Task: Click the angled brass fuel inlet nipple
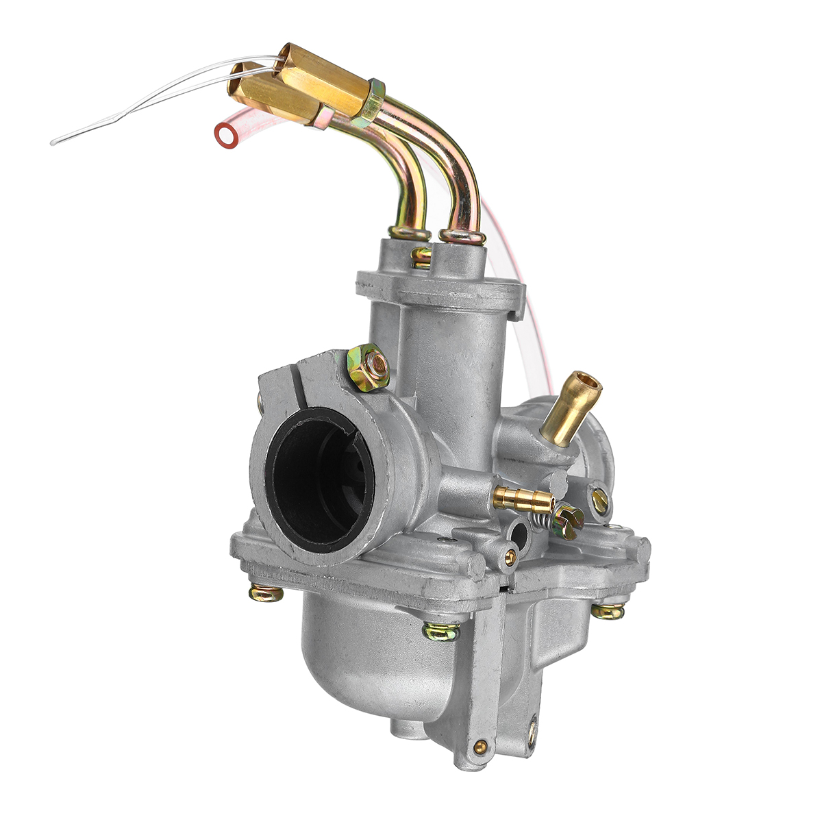(x=570, y=408)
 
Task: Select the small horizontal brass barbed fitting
(x=522, y=499)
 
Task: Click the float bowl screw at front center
(x=440, y=631)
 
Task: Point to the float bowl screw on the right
(x=608, y=610)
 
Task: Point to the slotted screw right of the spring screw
(x=600, y=501)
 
